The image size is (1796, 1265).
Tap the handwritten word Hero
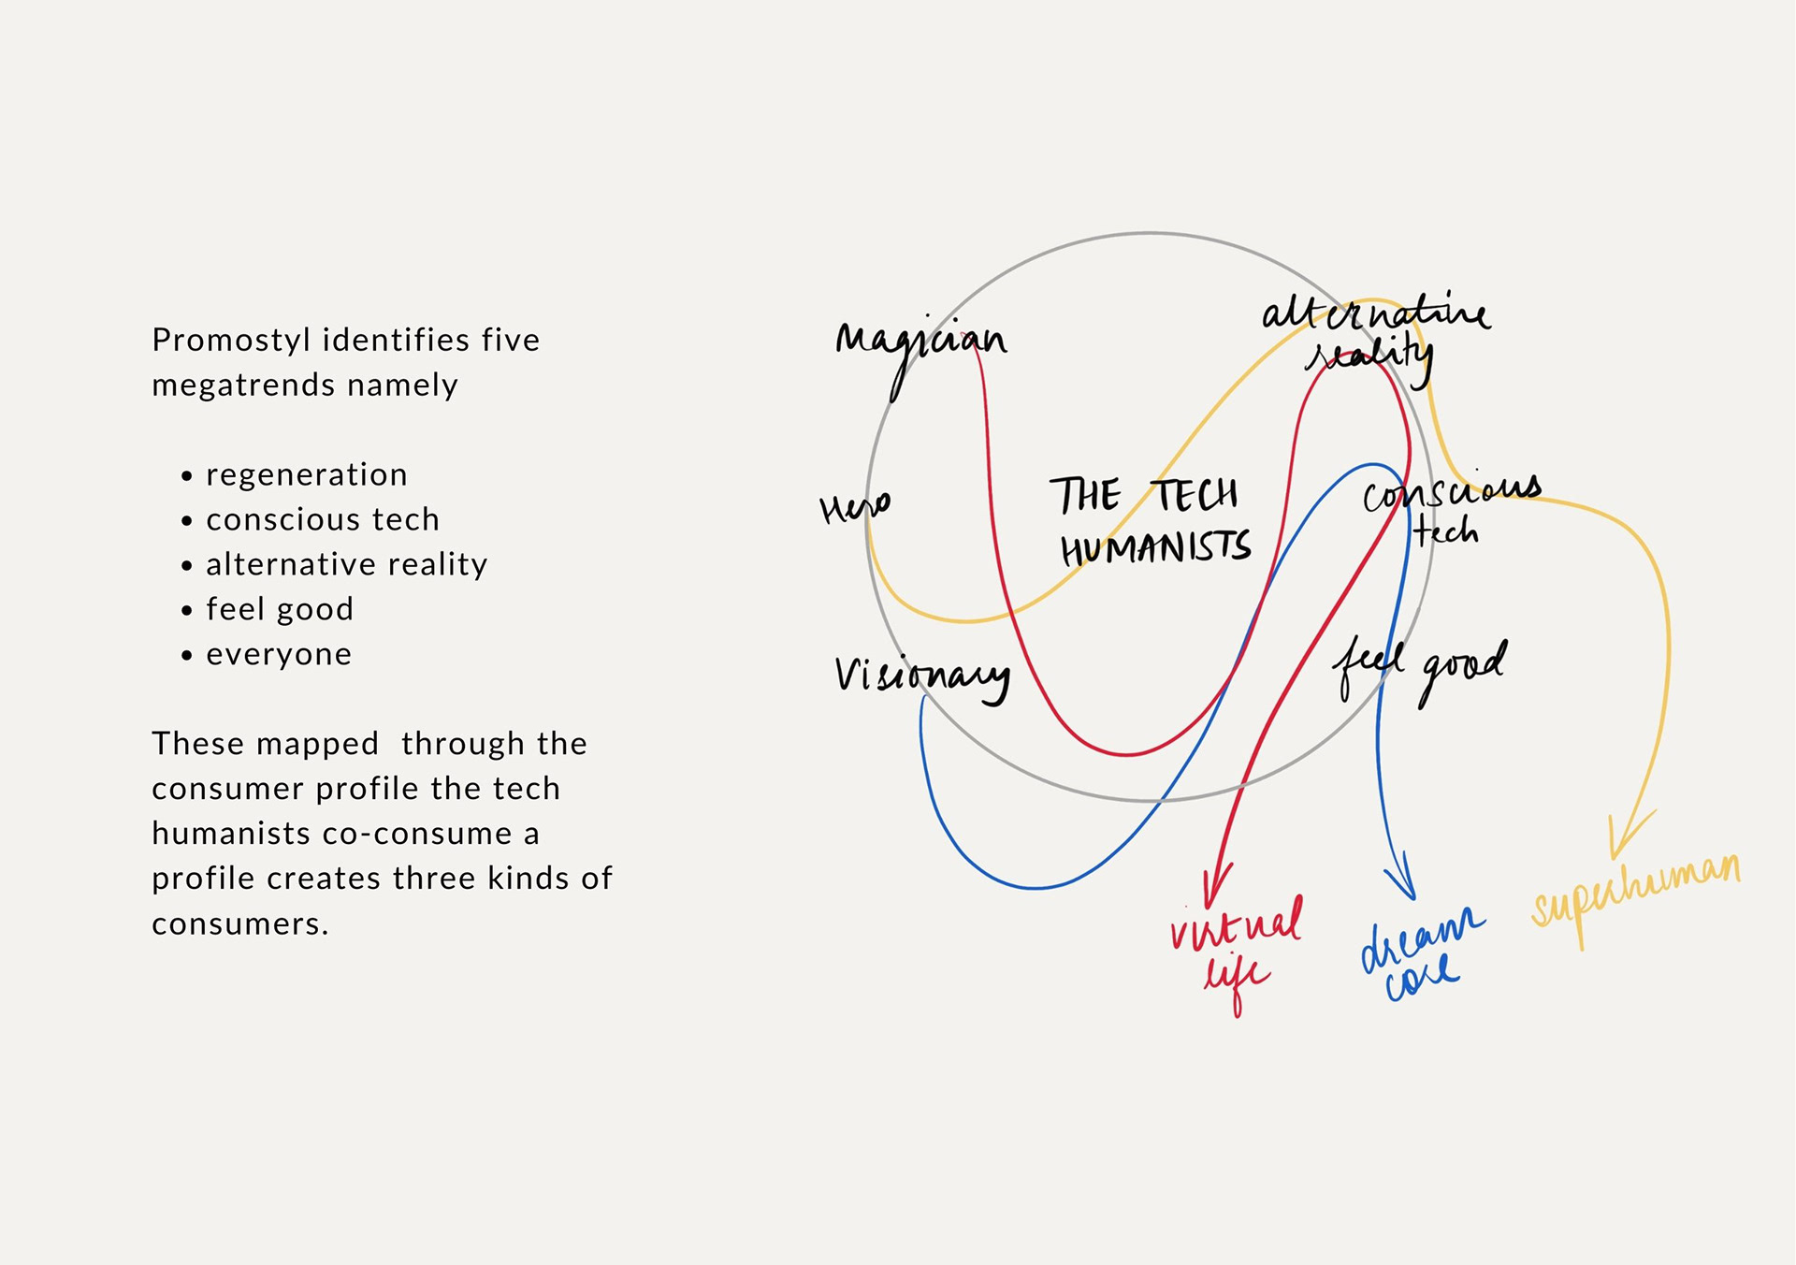(x=854, y=508)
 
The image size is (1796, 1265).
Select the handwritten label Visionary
(x=921, y=676)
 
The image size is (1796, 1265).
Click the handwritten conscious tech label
(x=1450, y=510)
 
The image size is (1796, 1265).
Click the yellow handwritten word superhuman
(x=1635, y=889)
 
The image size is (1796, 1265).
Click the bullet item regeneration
(x=307, y=475)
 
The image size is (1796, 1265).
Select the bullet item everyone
(x=279, y=655)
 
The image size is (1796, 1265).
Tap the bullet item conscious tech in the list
(x=323, y=520)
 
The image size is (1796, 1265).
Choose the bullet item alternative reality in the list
(x=346, y=565)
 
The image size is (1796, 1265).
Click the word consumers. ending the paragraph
(x=240, y=924)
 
